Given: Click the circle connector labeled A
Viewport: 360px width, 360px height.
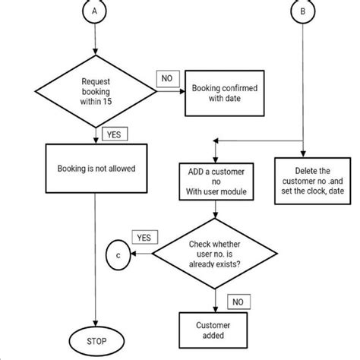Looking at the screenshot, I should point(93,13).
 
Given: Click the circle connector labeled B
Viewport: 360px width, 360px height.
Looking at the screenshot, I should point(303,13).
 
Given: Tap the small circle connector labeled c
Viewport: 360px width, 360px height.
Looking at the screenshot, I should point(118,256).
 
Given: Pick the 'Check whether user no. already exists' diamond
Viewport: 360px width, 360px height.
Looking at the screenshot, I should point(216,256).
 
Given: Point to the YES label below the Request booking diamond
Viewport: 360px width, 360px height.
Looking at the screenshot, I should point(113,134).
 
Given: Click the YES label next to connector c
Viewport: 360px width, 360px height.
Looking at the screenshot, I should point(144,238).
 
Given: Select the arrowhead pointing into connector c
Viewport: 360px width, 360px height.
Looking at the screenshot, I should point(134,256).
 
